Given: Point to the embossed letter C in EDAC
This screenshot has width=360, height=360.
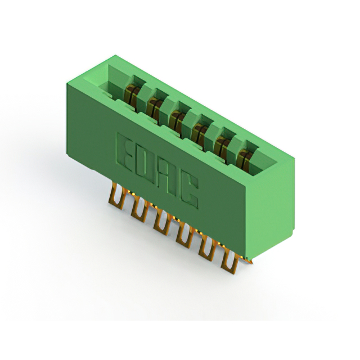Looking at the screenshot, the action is (189, 190).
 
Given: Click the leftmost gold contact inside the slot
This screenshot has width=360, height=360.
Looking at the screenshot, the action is (131, 95).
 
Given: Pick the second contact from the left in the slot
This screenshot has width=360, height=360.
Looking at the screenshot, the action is (154, 107).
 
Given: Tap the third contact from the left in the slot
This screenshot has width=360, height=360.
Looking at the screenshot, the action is (177, 120).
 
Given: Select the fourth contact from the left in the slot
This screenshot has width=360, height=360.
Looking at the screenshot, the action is (200, 133).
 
